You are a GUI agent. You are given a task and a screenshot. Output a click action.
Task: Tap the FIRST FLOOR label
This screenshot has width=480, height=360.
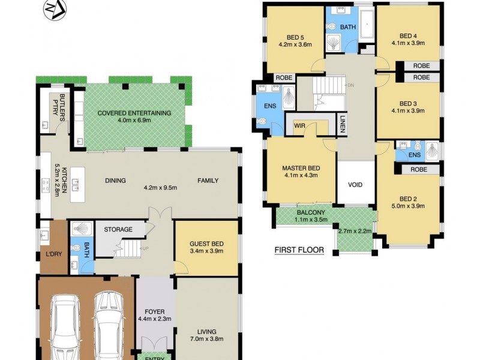click(299, 250)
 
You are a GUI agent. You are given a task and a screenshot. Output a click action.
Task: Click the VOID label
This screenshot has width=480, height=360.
click(355, 185)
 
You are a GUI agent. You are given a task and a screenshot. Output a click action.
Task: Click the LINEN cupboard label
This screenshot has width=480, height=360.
click(342, 124)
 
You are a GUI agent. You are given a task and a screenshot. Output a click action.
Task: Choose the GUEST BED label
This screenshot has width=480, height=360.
click(206, 243)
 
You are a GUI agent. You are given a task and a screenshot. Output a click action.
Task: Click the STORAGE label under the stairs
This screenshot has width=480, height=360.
click(118, 229)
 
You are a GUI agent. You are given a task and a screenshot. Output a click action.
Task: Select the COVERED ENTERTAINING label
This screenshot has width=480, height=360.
click(134, 113)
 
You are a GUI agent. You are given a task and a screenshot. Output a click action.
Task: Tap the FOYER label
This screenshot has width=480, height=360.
click(155, 311)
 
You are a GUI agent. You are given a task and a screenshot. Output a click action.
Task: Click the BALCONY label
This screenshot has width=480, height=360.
click(311, 212)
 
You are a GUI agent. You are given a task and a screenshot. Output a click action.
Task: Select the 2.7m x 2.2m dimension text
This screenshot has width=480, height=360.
click(355, 231)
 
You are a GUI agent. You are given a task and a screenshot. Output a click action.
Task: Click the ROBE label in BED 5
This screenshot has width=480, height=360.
click(283, 77)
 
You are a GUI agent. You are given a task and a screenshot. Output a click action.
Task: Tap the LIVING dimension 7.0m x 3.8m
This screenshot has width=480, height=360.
click(206, 340)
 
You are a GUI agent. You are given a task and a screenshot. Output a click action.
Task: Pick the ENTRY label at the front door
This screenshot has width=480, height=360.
click(155, 357)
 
